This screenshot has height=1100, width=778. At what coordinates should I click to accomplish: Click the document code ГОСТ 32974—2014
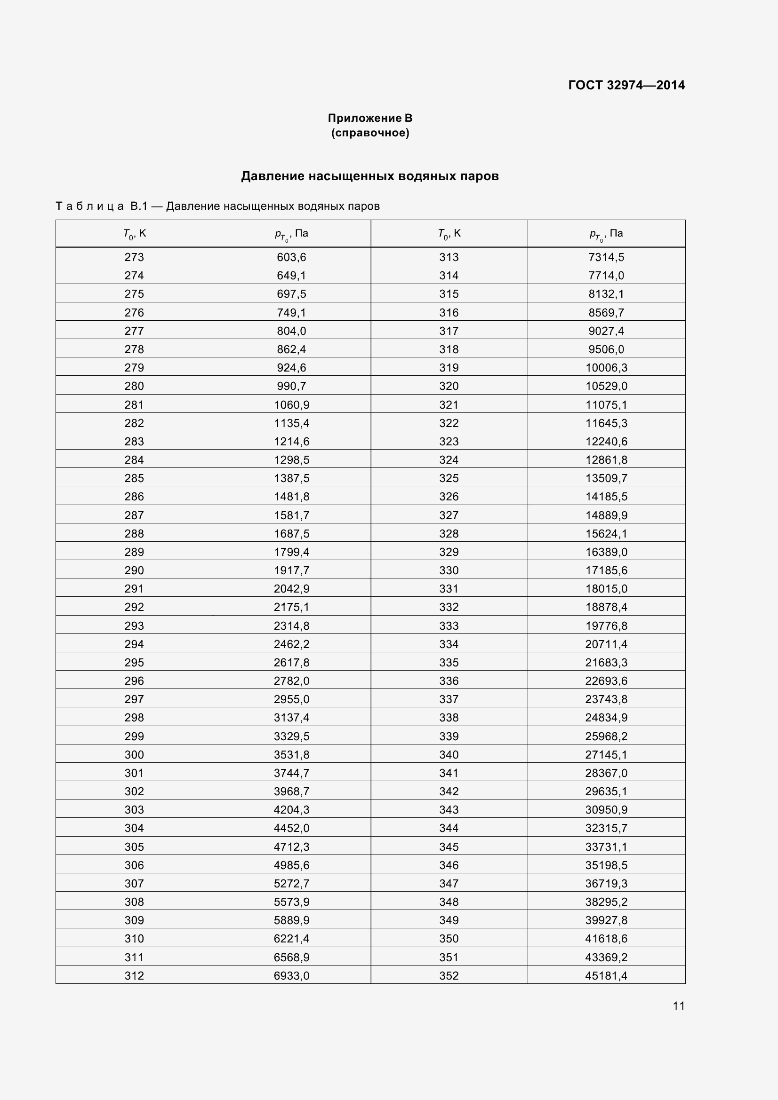(x=626, y=85)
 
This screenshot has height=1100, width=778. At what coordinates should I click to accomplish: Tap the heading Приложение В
(x=369, y=118)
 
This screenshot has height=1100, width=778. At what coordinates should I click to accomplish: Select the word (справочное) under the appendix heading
(x=370, y=133)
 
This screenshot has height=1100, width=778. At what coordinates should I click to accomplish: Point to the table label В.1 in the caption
(x=138, y=206)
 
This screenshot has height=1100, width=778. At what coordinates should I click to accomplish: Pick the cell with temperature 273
(x=134, y=257)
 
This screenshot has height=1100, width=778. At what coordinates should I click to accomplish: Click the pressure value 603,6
(x=291, y=257)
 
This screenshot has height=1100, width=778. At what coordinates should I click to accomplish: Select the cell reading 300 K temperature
(x=134, y=754)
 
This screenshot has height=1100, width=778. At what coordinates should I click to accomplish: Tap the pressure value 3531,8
(x=291, y=754)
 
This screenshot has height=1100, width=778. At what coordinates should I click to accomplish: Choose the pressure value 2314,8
(x=291, y=625)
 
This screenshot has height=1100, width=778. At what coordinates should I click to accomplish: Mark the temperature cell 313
(x=449, y=257)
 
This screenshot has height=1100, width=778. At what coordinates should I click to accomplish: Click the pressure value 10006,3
(x=606, y=367)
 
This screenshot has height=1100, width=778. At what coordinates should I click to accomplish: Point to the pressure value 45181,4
(x=606, y=975)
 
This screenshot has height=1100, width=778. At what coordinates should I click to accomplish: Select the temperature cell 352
(x=449, y=975)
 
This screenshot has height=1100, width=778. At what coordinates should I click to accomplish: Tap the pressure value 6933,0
(x=291, y=975)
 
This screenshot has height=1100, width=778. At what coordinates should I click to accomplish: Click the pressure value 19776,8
(x=606, y=625)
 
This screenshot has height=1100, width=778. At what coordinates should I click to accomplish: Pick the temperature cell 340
(x=449, y=754)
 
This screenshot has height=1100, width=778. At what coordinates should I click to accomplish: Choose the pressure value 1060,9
(x=291, y=405)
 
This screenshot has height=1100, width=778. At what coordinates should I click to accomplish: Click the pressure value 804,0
(x=291, y=331)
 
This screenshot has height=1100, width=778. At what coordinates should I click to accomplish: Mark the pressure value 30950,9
(x=606, y=810)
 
